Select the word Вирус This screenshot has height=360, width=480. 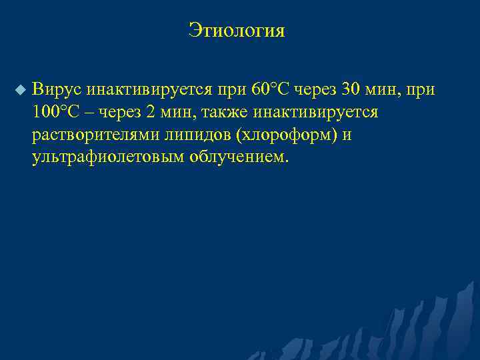coord(56,89)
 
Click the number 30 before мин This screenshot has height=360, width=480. coord(351,89)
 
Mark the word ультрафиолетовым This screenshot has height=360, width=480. coord(107,157)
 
